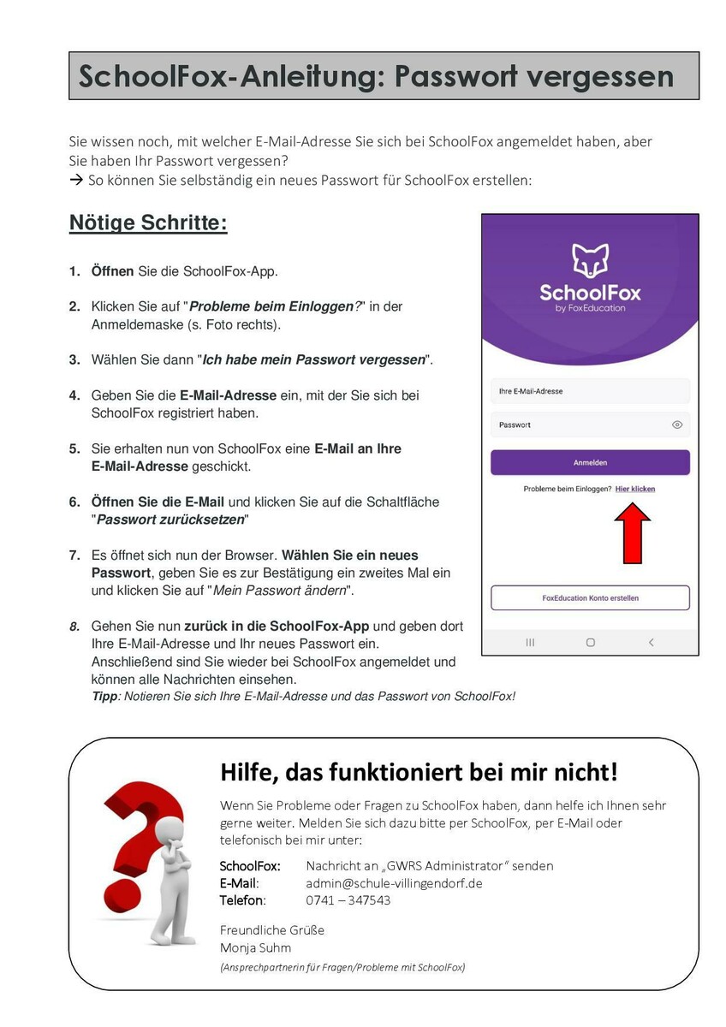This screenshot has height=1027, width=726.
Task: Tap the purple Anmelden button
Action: tap(590, 462)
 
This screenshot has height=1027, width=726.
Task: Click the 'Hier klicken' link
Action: tap(635, 489)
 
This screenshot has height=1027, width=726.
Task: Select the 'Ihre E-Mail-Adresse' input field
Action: tap(590, 391)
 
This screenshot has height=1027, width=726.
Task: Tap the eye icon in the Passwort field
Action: tap(677, 424)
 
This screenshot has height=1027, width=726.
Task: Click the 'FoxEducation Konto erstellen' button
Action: tap(590, 598)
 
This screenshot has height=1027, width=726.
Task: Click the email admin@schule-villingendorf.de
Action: tap(394, 883)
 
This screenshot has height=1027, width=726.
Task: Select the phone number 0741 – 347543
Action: tap(348, 900)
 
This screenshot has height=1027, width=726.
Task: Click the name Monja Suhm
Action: tap(255, 947)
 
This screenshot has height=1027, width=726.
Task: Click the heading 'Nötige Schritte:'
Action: tap(148, 224)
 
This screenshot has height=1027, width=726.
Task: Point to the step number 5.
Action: tap(74, 449)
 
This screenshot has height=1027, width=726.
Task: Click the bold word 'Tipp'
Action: tap(104, 697)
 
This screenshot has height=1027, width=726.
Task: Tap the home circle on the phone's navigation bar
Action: tap(590, 642)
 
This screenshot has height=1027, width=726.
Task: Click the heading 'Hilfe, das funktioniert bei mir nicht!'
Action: tap(419, 772)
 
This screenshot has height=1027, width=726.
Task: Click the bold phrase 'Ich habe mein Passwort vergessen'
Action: tap(313, 360)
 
